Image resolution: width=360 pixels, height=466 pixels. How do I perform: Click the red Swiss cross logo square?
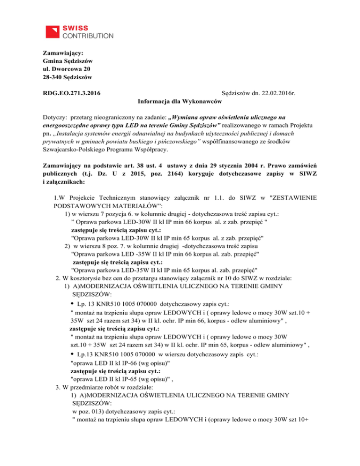[52, 31]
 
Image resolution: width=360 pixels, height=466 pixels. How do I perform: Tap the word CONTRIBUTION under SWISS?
[88, 36]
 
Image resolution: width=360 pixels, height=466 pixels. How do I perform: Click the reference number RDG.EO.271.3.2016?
[74, 93]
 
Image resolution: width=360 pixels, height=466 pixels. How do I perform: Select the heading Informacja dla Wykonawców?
[180, 101]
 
